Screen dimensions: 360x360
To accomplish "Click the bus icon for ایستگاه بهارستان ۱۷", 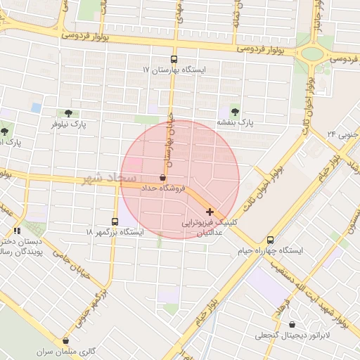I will (174, 60).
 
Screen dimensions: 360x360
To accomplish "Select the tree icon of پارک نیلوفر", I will (68, 112).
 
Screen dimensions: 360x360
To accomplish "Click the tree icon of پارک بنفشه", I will (234, 111).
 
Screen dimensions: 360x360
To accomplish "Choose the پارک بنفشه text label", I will (234, 122).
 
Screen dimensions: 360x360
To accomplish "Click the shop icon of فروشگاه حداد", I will (163, 178).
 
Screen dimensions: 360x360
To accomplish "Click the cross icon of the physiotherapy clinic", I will (210, 212).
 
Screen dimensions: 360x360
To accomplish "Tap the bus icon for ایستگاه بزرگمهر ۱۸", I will (115, 221).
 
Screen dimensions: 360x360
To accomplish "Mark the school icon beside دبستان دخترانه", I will (17, 231).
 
